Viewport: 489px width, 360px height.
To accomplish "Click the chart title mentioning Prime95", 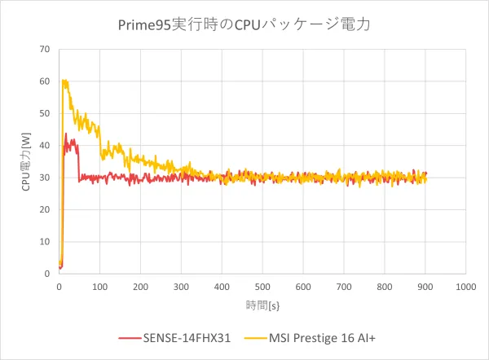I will [244, 24].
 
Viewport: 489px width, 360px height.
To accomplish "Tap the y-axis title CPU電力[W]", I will [27, 161].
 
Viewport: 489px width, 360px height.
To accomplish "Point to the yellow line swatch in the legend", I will [253, 336].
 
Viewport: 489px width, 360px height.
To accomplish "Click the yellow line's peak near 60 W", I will [64, 80].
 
